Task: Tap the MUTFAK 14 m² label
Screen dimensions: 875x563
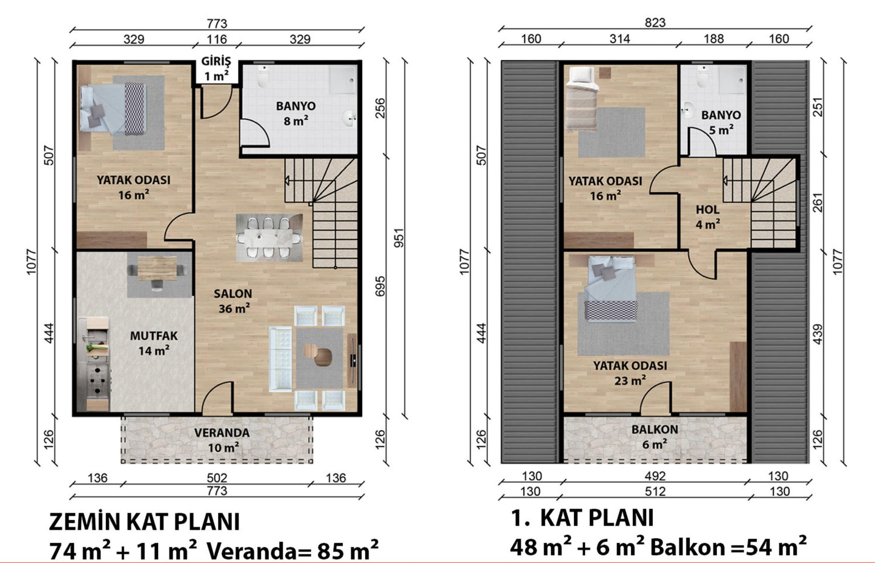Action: click(154, 343)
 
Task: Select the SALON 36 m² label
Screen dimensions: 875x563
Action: click(233, 301)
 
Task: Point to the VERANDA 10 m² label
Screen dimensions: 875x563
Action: click(222, 439)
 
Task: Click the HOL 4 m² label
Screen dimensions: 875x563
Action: click(708, 216)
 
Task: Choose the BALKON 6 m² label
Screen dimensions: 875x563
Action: click(655, 437)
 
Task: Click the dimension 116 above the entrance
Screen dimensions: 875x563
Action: click(216, 39)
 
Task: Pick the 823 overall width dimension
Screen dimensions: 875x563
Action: click(655, 22)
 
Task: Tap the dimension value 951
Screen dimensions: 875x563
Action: click(399, 238)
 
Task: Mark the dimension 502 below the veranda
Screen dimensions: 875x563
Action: click(217, 478)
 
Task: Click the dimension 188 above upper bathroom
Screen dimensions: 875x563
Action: click(714, 39)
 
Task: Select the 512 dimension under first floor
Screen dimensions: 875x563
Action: click(655, 491)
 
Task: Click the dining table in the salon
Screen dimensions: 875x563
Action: click(269, 238)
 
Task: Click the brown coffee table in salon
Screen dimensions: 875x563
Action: click(318, 354)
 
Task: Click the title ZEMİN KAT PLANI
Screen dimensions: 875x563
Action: click(144, 522)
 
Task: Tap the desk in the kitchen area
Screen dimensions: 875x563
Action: click(157, 268)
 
